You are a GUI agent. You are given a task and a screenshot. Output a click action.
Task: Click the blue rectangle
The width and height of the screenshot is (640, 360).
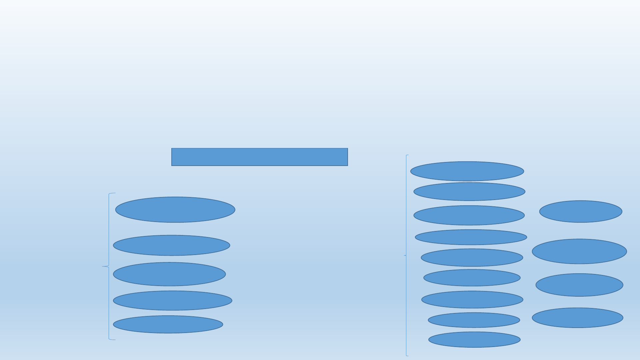(x=259, y=157)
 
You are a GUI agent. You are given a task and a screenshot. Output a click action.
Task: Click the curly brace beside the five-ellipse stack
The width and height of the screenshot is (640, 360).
(x=109, y=266)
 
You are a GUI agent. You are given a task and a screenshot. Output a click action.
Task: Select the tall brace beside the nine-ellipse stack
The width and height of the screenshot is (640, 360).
(x=406, y=255)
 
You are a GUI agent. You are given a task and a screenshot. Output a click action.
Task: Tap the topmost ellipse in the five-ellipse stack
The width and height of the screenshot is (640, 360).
(x=175, y=210)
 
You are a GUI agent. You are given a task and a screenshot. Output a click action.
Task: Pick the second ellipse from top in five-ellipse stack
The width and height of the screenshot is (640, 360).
(x=171, y=245)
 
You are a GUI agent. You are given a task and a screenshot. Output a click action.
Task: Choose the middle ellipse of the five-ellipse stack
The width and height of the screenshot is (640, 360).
(x=169, y=274)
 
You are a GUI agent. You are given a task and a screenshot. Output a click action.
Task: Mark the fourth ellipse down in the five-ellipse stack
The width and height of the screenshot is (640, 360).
(x=172, y=300)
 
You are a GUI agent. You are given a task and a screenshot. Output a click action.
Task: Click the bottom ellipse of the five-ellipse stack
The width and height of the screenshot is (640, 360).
(x=168, y=324)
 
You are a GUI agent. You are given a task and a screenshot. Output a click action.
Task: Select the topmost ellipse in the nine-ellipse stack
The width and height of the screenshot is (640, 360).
(x=467, y=171)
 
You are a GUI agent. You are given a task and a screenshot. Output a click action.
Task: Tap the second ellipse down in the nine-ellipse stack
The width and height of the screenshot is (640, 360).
(x=469, y=192)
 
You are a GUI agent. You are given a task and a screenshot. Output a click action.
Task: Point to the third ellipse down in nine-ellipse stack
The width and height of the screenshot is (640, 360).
(x=469, y=215)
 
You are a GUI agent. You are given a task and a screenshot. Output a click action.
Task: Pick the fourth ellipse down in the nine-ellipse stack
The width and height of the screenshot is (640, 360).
(x=471, y=237)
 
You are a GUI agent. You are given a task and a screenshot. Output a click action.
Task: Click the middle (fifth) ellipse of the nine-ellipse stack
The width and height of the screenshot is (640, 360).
(x=472, y=258)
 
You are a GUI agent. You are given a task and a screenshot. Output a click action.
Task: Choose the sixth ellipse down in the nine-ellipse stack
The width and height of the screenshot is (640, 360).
(x=472, y=278)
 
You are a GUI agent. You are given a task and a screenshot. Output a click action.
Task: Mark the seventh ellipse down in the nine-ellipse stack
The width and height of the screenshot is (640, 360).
(x=472, y=299)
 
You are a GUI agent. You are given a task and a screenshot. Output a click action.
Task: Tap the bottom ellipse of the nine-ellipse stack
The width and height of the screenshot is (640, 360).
(x=474, y=340)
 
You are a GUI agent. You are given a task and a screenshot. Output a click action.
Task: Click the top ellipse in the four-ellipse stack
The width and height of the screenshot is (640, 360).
(x=580, y=211)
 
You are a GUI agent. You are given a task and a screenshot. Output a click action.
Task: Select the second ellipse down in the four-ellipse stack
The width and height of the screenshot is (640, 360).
(x=579, y=251)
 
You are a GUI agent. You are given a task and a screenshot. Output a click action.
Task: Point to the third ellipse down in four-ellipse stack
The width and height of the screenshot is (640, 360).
(x=579, y=285)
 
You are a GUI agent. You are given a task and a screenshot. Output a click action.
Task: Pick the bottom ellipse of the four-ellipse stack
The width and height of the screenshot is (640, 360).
(x=577, y=318)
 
